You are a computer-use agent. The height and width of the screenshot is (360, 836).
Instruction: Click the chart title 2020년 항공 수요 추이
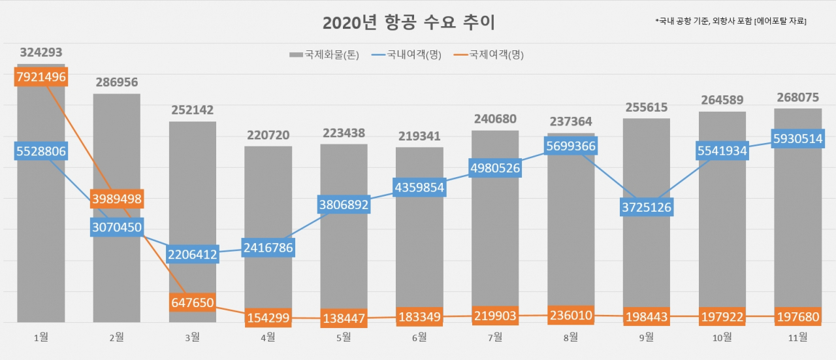coord(409,22)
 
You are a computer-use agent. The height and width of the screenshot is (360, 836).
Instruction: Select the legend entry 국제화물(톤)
coord(324,55)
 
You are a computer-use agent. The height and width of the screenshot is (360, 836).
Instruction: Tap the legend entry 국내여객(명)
coord(406,55)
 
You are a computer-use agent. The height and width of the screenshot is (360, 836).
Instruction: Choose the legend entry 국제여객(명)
coord(489,55)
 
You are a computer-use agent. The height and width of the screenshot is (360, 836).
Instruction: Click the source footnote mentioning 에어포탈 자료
coord(731,21)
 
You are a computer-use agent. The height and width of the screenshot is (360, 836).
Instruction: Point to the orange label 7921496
coord(41,77)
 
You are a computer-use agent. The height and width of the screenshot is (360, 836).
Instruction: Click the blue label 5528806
coord(41,151)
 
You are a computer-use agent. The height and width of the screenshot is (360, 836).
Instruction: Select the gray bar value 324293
coord(41,52)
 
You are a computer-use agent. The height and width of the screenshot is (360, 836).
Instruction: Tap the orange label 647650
coord(192,303)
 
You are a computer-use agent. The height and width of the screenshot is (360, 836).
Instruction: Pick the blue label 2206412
coord(192,254)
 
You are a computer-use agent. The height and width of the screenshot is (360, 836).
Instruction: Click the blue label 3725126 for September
coord(647,207)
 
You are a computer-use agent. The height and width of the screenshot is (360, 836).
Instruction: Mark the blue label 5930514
coord(797,139)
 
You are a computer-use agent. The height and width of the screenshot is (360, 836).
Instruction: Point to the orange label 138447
coord(344,318)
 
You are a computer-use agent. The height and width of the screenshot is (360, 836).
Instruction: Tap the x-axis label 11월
coord(797,338)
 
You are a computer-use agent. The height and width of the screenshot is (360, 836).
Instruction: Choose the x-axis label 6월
coord(419,338)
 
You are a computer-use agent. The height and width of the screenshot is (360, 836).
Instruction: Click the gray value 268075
coord(798,97)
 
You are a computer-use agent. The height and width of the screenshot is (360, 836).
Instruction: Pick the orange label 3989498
coord(117,199)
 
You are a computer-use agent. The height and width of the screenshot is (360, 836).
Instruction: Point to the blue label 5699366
coord(571,146)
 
